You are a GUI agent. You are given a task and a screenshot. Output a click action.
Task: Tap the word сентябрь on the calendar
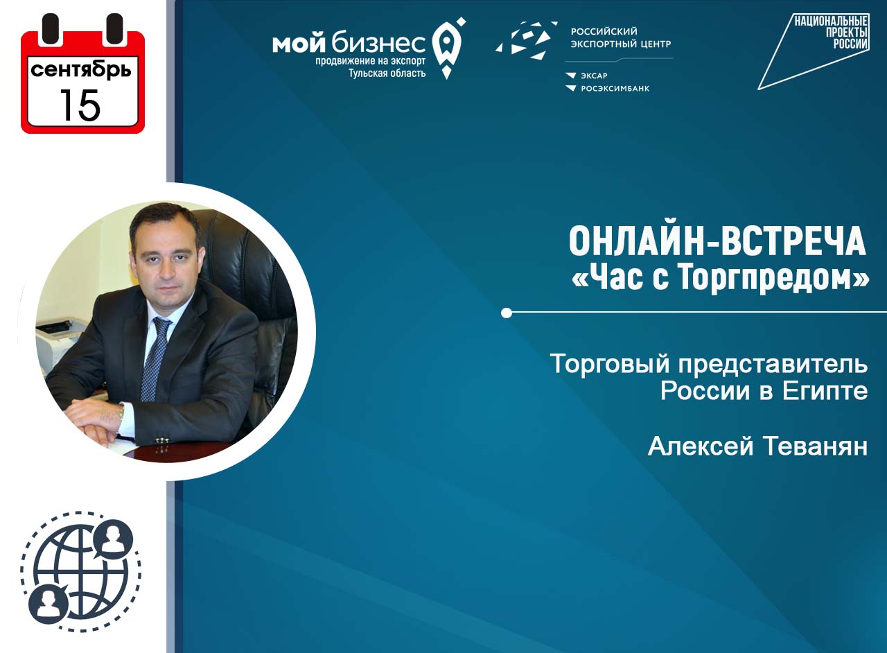pyautogui.click(x=81, y=70)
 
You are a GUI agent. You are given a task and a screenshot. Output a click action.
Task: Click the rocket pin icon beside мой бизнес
pyautogui.click(x=448, y=48)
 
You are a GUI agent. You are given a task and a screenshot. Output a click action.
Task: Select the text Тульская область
pyautogui.click(x=387, y=73)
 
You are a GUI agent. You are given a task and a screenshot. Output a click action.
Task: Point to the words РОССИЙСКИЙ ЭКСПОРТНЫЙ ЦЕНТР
pyautogui.click(x=620, y=37)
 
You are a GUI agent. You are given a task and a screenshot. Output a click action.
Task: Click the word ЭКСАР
pyautogui.click(x=594, y=76)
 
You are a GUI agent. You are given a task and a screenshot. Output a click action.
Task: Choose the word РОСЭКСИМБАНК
pyautogui.click(x=615, y=89)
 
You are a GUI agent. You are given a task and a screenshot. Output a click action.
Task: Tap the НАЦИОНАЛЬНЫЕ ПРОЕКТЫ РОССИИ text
pyautogui.click(x=831, y=33)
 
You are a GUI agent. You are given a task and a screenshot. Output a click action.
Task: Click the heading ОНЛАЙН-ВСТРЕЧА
pyautogui.click(x=717, y=242)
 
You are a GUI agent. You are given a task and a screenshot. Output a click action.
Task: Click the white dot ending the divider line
pyautogui.click(x=506, y=313)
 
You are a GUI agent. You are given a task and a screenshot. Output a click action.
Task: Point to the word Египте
pyautogui.click(x=825, y=391)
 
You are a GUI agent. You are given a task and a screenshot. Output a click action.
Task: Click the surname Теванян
pyautogui.click(x=815, y=446)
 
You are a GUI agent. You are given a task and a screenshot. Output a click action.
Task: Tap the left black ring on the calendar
pyautogui.click(x=50, y=29)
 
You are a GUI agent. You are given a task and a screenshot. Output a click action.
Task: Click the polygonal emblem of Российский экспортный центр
pyautogui.click(x=526, y=40)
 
